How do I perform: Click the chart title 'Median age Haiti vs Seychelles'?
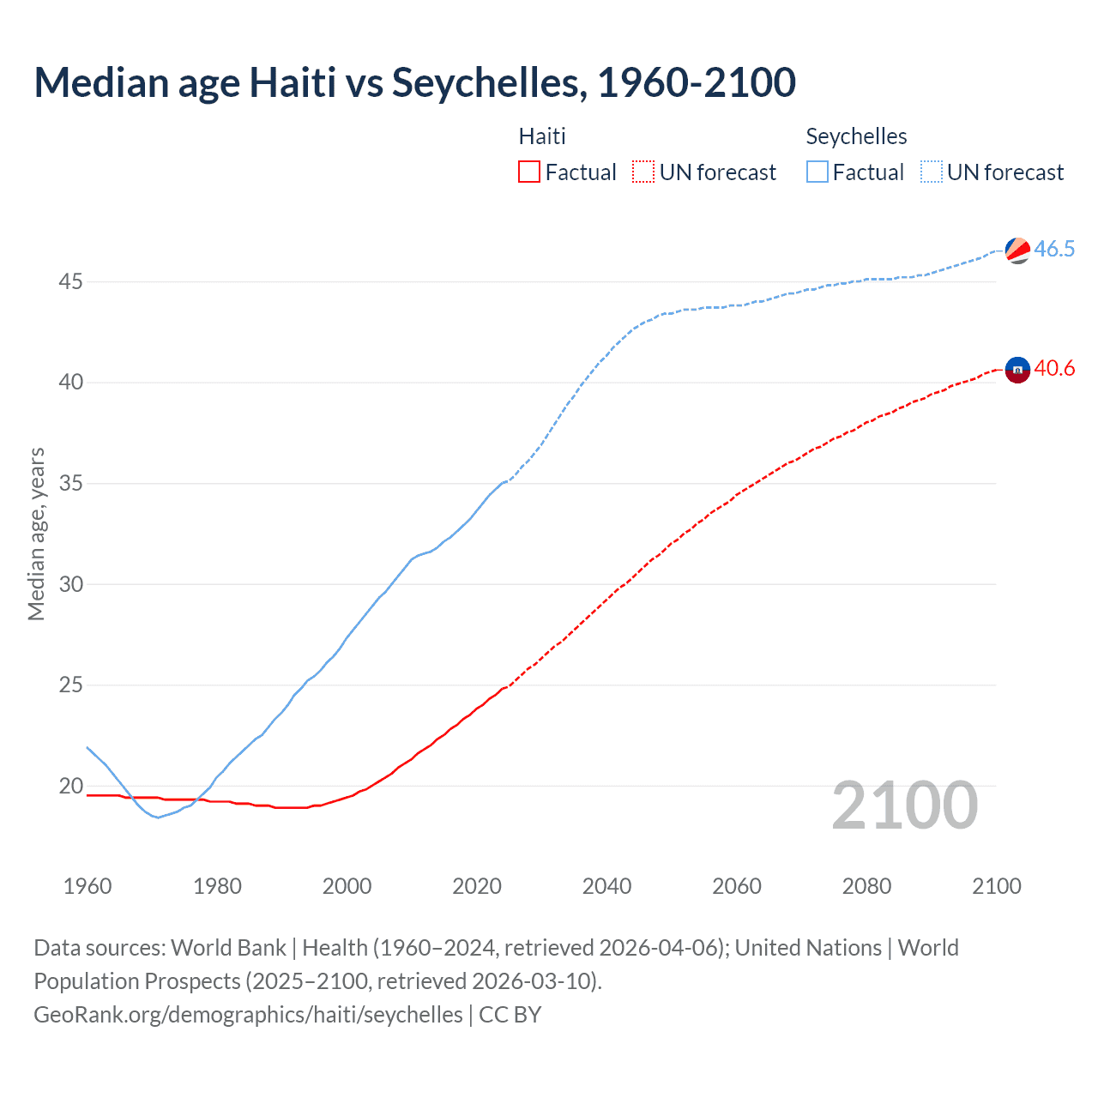[414, 83]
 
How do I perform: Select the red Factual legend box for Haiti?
[529, 172]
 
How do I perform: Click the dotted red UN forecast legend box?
[643, 172]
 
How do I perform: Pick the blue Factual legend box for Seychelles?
[817, 172]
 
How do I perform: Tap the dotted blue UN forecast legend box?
[931, 172]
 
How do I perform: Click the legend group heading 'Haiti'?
[542, 136]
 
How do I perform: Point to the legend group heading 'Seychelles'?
[856, 136]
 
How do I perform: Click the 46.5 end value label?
[1054, 250]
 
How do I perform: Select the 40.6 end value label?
[1054, 369]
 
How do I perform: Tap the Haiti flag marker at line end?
[1017, 370]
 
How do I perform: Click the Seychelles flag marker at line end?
[1017, 250]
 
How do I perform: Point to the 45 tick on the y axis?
[70, 281]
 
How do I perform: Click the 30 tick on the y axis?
[70, 584]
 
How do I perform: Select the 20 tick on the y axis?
[70, 786]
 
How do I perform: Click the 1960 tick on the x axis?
[87, 886]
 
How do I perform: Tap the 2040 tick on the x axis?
[606, 886]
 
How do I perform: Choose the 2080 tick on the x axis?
[866, 886]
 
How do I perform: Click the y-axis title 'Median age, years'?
[36, 534]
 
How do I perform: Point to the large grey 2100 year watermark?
[904, 805]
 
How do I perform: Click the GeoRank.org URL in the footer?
[248, 1015]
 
